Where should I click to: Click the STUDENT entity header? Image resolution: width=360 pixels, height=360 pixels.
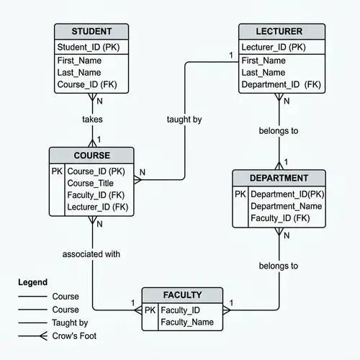point(91,32)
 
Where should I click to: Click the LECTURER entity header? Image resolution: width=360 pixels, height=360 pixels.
point(279,32)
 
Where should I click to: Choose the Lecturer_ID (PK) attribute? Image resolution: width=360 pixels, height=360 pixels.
point(273,47)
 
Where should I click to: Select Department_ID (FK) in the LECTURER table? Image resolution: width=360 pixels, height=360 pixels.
point(281,85)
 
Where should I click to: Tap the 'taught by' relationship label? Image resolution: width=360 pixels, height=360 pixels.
point(184,120)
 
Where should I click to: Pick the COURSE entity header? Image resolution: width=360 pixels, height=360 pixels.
point(91,156)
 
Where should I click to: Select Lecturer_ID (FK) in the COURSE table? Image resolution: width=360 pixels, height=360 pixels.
point(97,207)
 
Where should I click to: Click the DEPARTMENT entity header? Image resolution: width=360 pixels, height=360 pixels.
point(279,178)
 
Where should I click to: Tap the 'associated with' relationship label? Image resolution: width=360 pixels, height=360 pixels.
point(91,254)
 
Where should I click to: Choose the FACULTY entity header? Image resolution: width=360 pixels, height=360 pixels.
point(182,295)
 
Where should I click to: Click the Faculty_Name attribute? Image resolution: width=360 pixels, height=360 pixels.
point(187,322)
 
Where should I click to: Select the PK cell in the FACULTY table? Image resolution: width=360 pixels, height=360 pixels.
point(150,310)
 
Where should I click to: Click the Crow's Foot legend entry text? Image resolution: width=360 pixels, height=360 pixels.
point(74,336)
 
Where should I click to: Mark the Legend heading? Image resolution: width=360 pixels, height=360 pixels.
point(32,282)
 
